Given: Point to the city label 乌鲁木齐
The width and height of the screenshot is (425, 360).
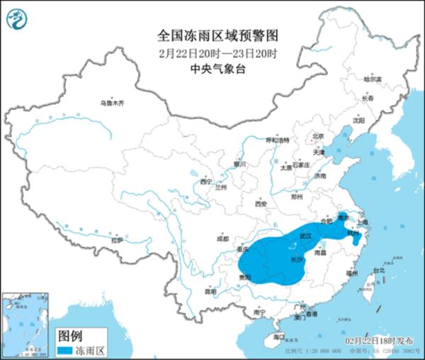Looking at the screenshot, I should pos(111,103).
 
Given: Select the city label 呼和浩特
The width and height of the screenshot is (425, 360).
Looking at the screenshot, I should pos(277,141).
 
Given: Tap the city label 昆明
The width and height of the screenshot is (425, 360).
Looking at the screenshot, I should pos(210,291).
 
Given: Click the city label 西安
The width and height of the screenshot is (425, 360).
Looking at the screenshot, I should pos(260,204).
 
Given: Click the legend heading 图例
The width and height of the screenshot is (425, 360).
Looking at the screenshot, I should pos(70,334).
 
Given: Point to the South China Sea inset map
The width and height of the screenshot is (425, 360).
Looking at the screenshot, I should pos(25,320).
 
